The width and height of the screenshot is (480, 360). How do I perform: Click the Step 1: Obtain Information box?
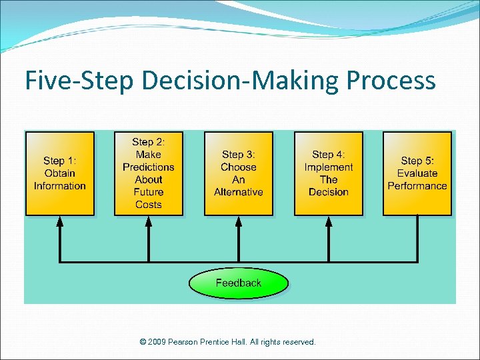[x=60, y=173]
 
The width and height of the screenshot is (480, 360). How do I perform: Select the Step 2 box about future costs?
[x=148, y=173]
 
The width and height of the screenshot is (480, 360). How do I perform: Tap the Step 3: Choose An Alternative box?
[x=238, y=173]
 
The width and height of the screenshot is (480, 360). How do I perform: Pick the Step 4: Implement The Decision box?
[x=328, y=173]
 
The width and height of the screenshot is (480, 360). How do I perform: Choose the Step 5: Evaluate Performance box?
[x=417, y=173]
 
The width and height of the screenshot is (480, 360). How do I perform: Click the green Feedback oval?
[x=238, y=283]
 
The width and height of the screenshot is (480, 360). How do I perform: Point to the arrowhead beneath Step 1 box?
[x=60, y=222]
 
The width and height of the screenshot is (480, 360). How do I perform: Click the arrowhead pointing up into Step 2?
[x=148, y=222]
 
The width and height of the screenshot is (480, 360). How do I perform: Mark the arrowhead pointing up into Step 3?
[x=238, y=222]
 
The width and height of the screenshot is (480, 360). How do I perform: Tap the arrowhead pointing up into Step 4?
[x=328, y=222]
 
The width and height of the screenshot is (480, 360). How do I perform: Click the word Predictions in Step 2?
[x=148, y=167]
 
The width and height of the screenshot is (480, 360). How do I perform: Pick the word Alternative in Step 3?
[x=238, y=192]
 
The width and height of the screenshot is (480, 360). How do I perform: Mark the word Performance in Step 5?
[x=417, y=186]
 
